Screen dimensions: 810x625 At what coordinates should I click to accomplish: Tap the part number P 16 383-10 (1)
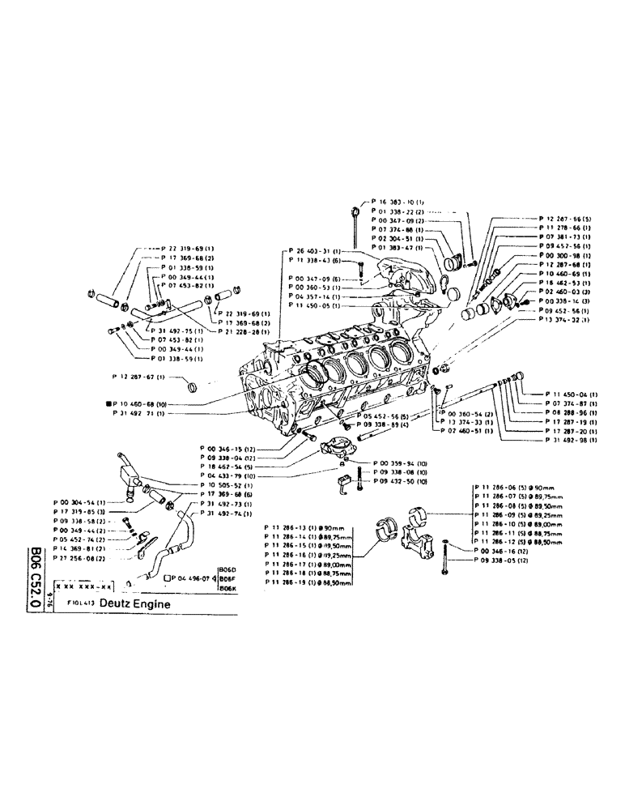(x=398, y=201)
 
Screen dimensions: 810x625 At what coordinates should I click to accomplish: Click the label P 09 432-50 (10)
(x=400, y=481)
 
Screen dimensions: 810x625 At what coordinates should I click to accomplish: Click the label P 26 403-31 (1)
(x=315, y=251)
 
